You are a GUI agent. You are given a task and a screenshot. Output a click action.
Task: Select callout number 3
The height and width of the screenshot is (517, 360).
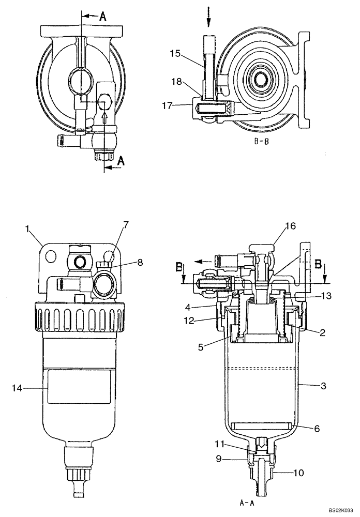(x=323, y=386)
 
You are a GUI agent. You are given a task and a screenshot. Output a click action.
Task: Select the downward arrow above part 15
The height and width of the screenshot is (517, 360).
(x=208, y=17)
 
